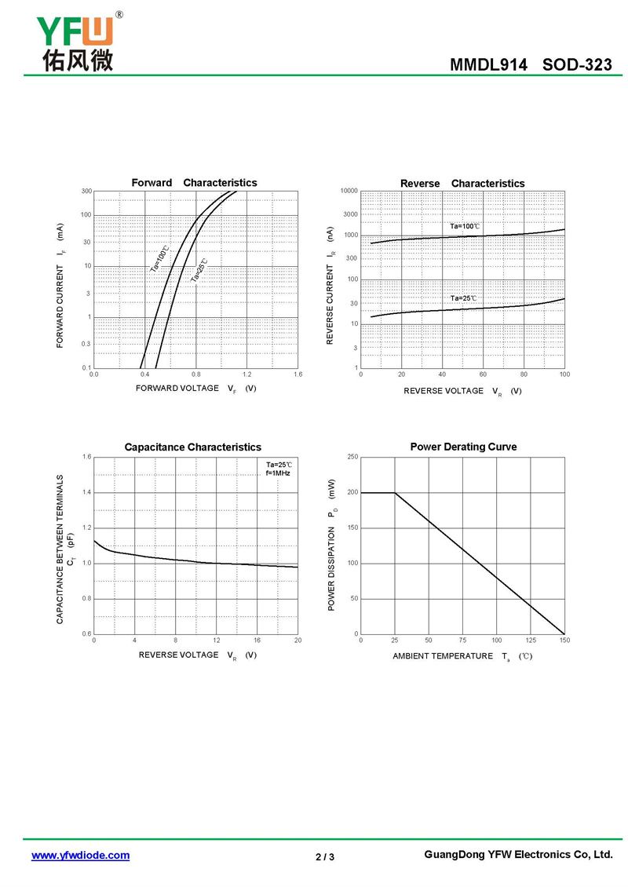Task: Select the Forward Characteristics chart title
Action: (194, 183)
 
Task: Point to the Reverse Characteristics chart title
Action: (462, 184)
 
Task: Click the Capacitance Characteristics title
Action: (192, 447)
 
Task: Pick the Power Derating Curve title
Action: (463, 447)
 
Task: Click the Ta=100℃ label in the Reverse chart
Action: (465, 226)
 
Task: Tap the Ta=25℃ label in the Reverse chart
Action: (463, 298)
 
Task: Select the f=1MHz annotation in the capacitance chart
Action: (278, 473)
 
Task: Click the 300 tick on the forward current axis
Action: (86, 191)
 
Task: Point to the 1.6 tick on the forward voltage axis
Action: (298, 374)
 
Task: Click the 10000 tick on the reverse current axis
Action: (349, 191)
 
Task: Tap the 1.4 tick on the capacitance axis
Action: (86, 492)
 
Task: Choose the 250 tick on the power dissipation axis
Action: (352, 457)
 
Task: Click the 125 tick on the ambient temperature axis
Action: (531, 641)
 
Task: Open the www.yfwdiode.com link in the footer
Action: (80, 856)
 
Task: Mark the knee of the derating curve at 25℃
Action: (395, 493)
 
